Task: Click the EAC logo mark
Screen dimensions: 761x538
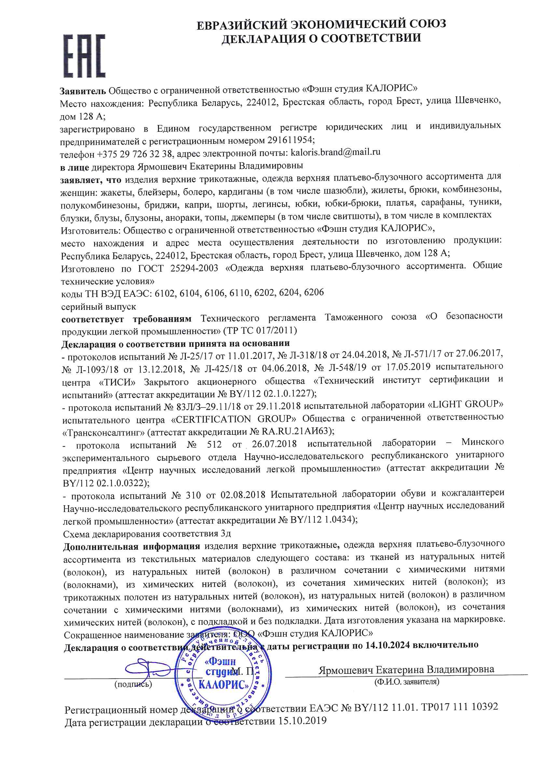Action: click(x=84, y=56)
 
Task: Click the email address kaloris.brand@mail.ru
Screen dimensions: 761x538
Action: click(x=335, y=152)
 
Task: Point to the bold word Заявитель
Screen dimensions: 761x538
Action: click(x=83, y=90)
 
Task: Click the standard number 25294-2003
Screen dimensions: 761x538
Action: click(x=194, y=268)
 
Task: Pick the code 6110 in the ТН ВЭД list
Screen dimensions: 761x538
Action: click(x=238, y=293)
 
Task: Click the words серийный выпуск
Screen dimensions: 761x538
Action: click(x=98, y=307)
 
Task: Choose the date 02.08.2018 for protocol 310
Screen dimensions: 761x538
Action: click(x=243, y=495)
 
